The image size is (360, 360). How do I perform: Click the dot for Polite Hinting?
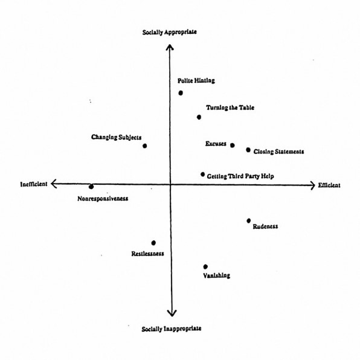(181, 93)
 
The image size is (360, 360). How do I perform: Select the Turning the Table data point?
(199, 117)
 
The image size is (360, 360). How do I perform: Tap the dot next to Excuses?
(233, 146)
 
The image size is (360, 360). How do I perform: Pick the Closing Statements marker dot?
(248, 150)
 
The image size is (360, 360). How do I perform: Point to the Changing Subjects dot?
(144, 146)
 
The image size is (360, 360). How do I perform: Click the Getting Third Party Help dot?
(202, 175)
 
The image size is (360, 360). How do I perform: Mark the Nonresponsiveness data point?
(91, 187)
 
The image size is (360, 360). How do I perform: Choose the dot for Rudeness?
(249, 221)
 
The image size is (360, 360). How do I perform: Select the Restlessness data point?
(153, 243)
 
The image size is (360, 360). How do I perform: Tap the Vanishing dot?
(205, 267)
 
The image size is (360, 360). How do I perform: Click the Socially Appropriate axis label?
(170, 32)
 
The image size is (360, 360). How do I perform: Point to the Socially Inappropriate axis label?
(172, 329)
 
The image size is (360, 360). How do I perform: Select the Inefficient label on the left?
(34, 184)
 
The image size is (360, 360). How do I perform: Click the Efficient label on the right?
(329, 185)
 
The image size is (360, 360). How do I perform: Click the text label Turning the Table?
(230, 108)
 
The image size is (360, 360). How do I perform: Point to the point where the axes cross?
(170, 184)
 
